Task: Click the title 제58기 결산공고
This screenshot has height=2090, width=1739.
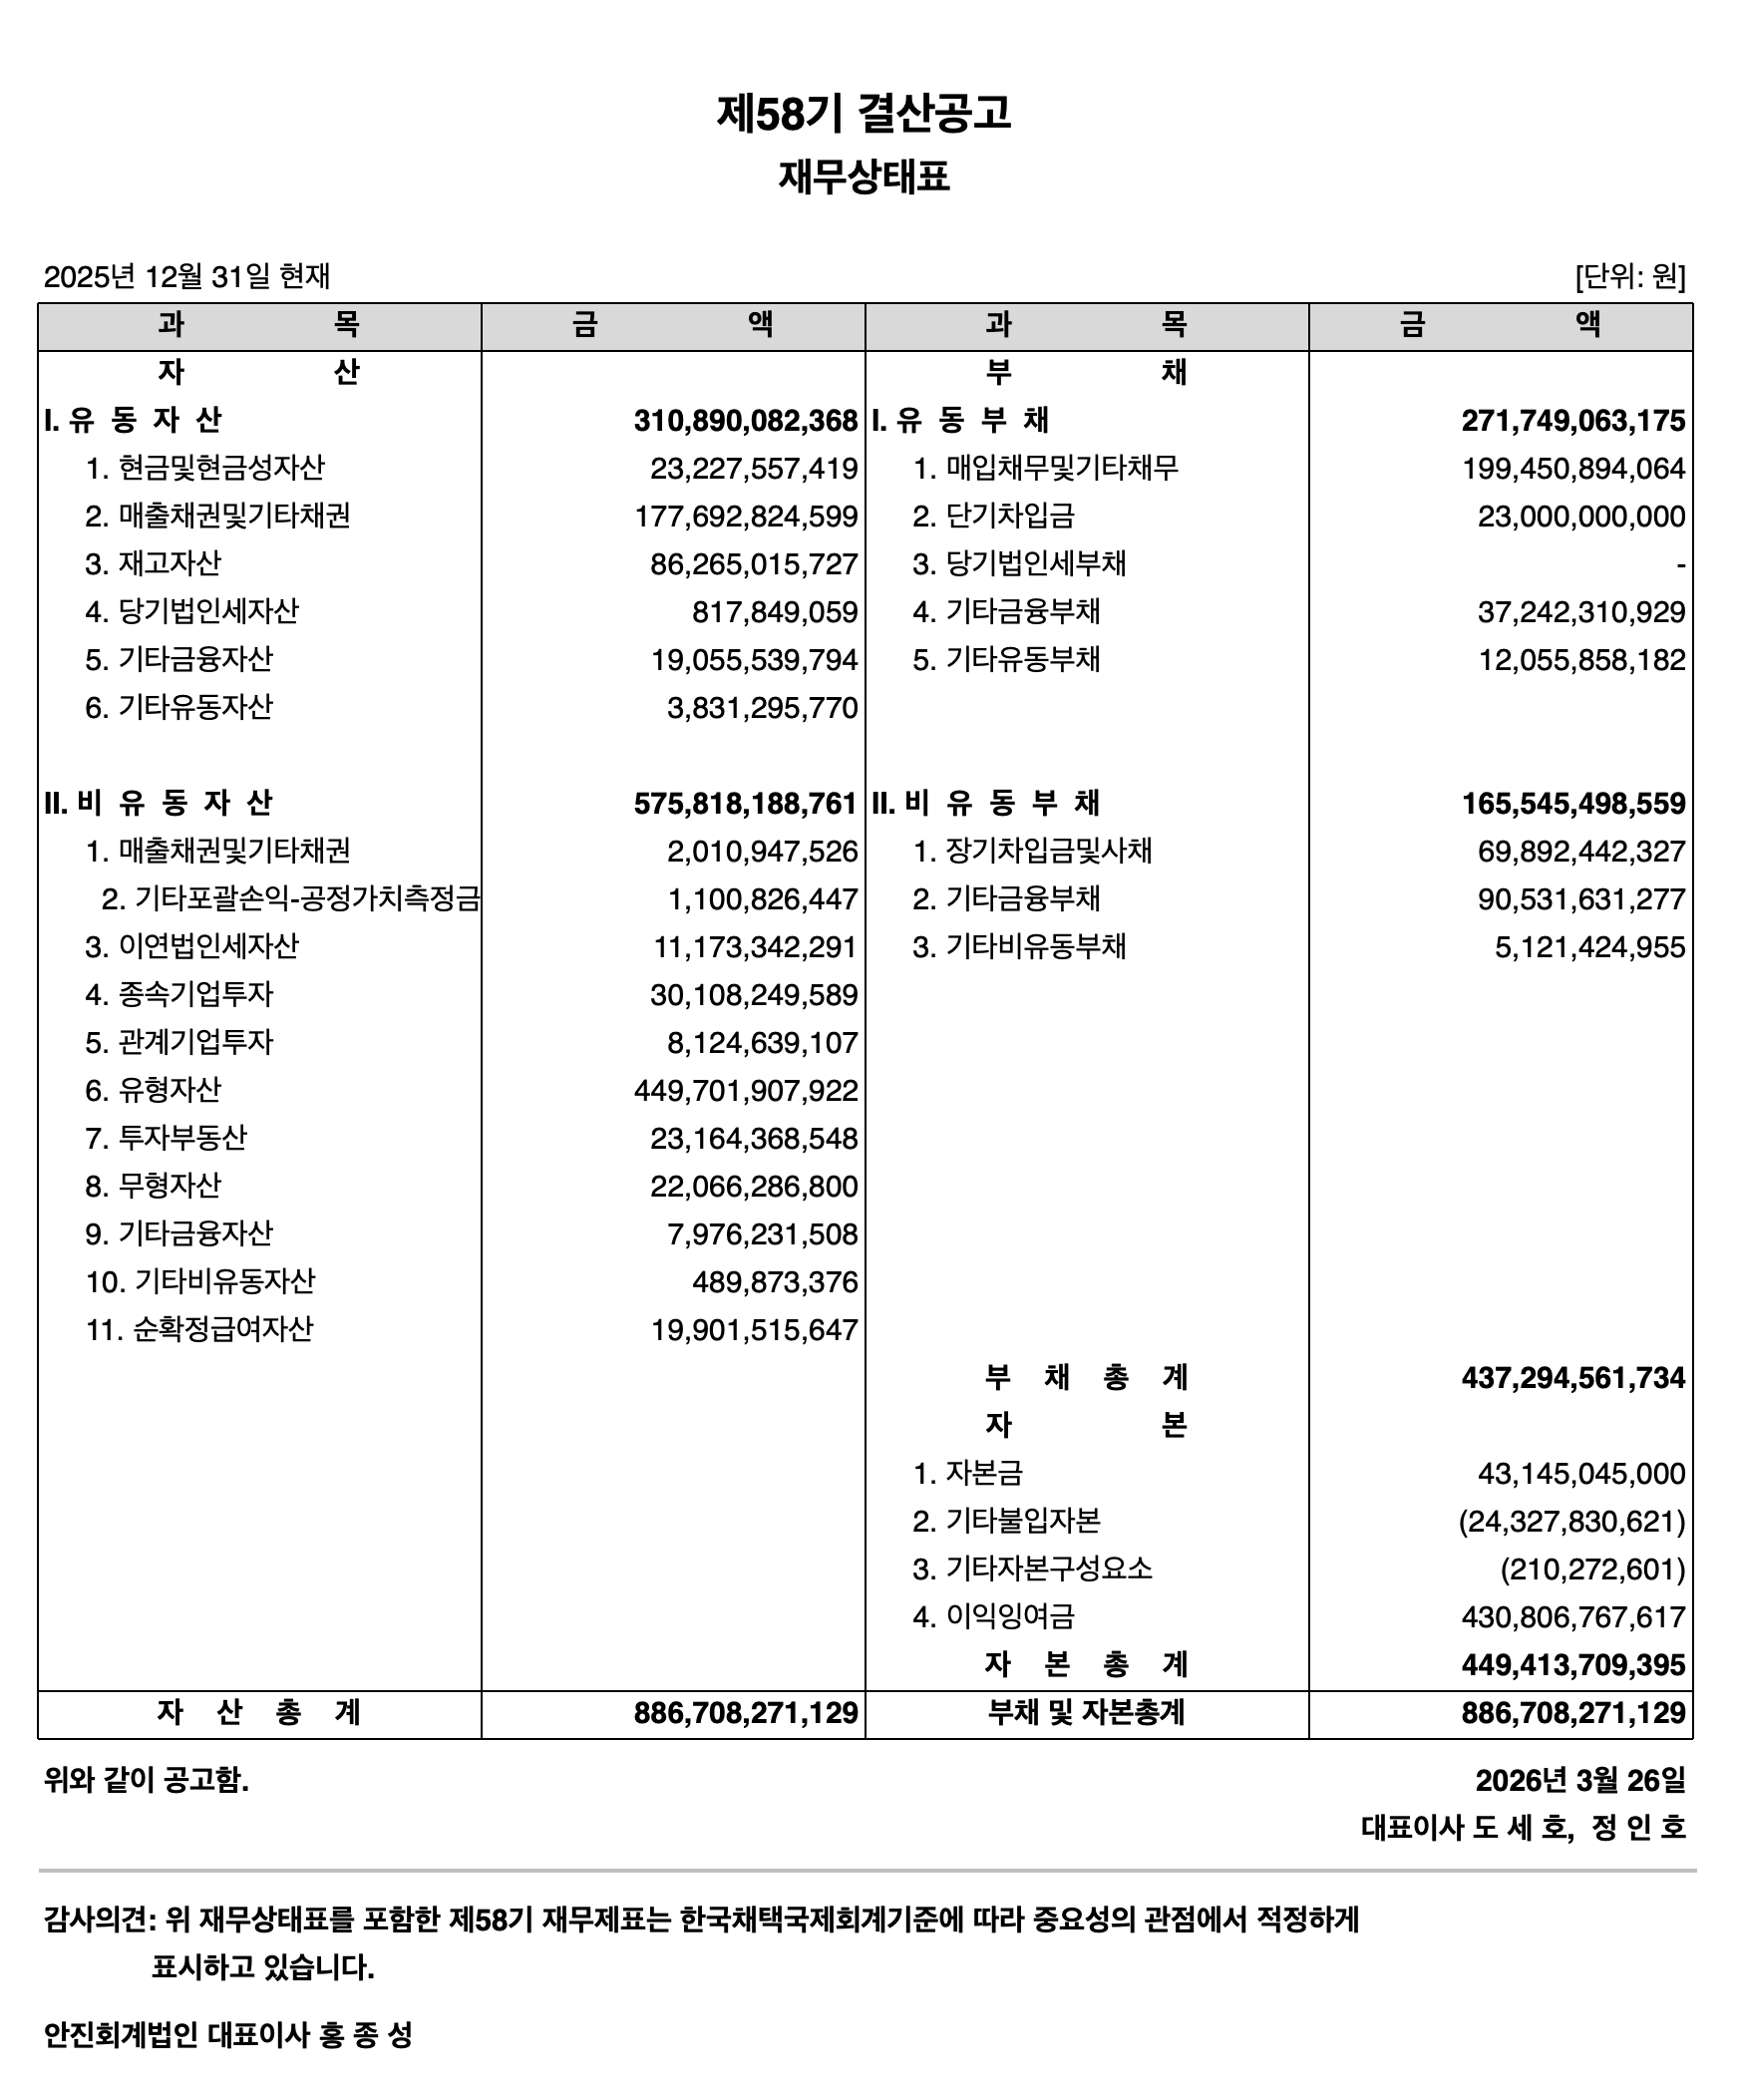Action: coord(864,114)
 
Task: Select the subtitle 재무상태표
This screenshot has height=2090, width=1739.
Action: coord(864,177)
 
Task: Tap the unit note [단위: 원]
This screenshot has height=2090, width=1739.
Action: coord(1629,276)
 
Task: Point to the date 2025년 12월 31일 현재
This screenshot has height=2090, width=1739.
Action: coord(186,276)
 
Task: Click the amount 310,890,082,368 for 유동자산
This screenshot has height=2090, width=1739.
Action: coord(745,421)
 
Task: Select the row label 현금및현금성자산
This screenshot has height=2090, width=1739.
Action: coord(220,469)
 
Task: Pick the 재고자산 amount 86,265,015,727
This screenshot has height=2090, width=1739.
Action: coord(754,564)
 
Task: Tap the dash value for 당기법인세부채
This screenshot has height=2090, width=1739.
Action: coord(1680,565)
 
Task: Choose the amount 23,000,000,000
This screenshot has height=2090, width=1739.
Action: coord(1581,517)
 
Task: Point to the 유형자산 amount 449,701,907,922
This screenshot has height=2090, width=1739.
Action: coord(745,1091)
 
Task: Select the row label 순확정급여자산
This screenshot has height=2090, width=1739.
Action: coord(221,1330)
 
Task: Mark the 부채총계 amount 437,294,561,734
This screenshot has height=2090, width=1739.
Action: coord(1572,1378)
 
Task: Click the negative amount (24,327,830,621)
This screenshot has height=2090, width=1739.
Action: coord(1571,1522)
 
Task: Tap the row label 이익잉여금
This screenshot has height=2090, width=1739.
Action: coord(1009,1617)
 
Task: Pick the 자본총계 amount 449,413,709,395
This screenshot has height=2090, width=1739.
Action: coord(1572,1665)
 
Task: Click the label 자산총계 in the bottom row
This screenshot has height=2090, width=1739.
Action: coord(258,1713)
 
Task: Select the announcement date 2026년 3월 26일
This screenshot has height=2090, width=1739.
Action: coord(1579,1781)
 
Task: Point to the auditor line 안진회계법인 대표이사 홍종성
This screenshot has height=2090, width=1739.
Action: coord(227,2035)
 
